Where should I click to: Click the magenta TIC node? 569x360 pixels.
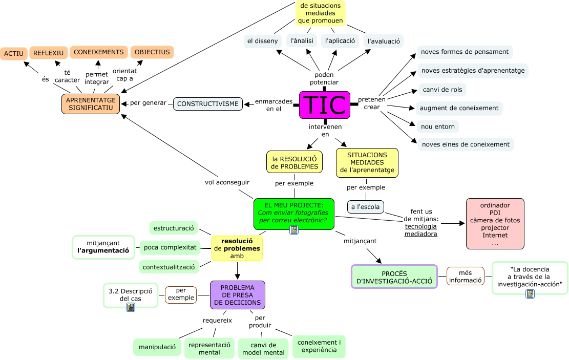click(x=325, y=104)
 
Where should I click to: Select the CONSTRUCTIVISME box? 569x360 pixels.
click(x=207, y=103)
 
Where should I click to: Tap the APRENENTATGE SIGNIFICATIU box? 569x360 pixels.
click(x=91, y=103)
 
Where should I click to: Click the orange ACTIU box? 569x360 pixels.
click(x=14, y=53)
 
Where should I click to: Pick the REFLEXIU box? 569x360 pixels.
click(x=48, y=53)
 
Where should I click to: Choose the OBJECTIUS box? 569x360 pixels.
click(x=152, y=52)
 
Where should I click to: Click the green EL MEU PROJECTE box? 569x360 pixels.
click(x=293, y=213)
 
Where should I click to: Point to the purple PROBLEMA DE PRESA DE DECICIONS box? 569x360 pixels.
click(x=237, y=295)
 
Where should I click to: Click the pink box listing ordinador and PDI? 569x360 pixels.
click(x=495, y=224)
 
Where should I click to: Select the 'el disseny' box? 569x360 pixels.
click(x=262, y=41)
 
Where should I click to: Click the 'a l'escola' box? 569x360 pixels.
click(x=365, y=207)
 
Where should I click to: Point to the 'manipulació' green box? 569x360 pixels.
click(x=157, y=347)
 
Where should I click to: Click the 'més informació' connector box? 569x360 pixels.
click(x=465, y=276)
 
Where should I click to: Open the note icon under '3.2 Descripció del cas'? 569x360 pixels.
click(x=131, y=307)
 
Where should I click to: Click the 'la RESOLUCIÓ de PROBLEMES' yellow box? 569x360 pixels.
click(x=294, y=162)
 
